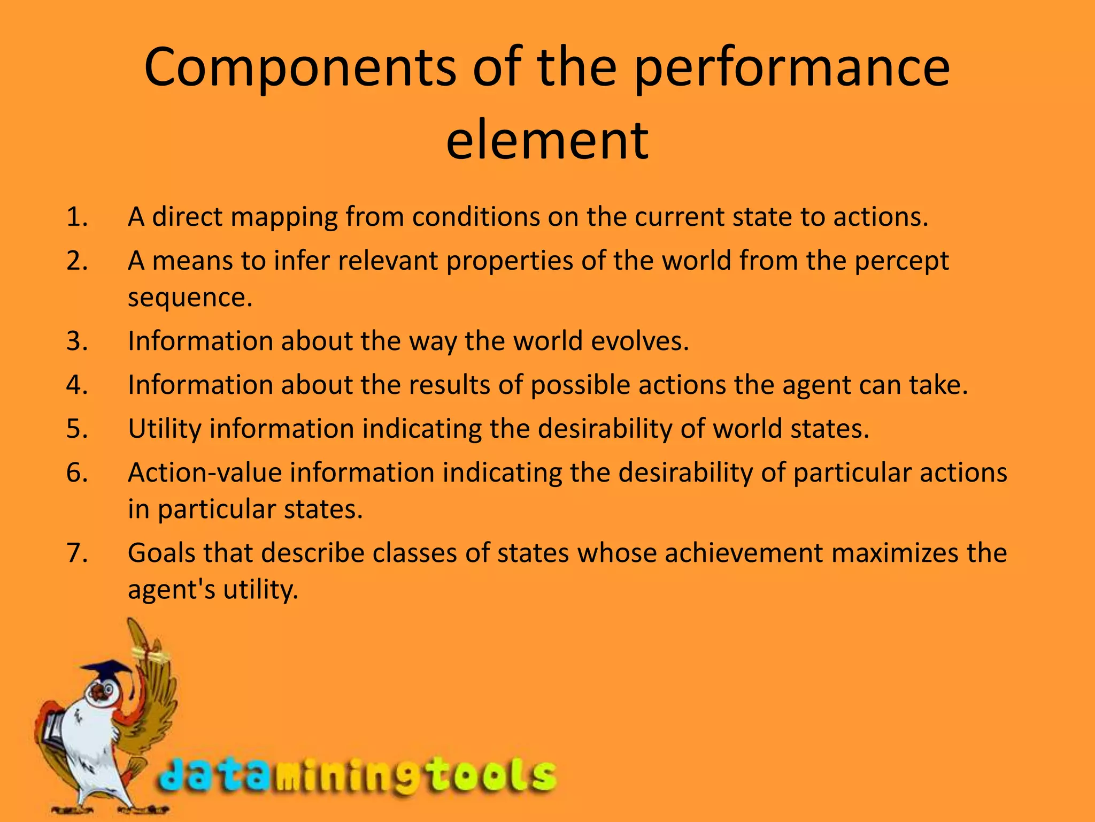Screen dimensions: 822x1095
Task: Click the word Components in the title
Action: point(300,68)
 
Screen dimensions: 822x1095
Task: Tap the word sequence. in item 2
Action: point(190,298)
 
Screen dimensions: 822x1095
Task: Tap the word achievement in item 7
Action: point(744,553)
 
